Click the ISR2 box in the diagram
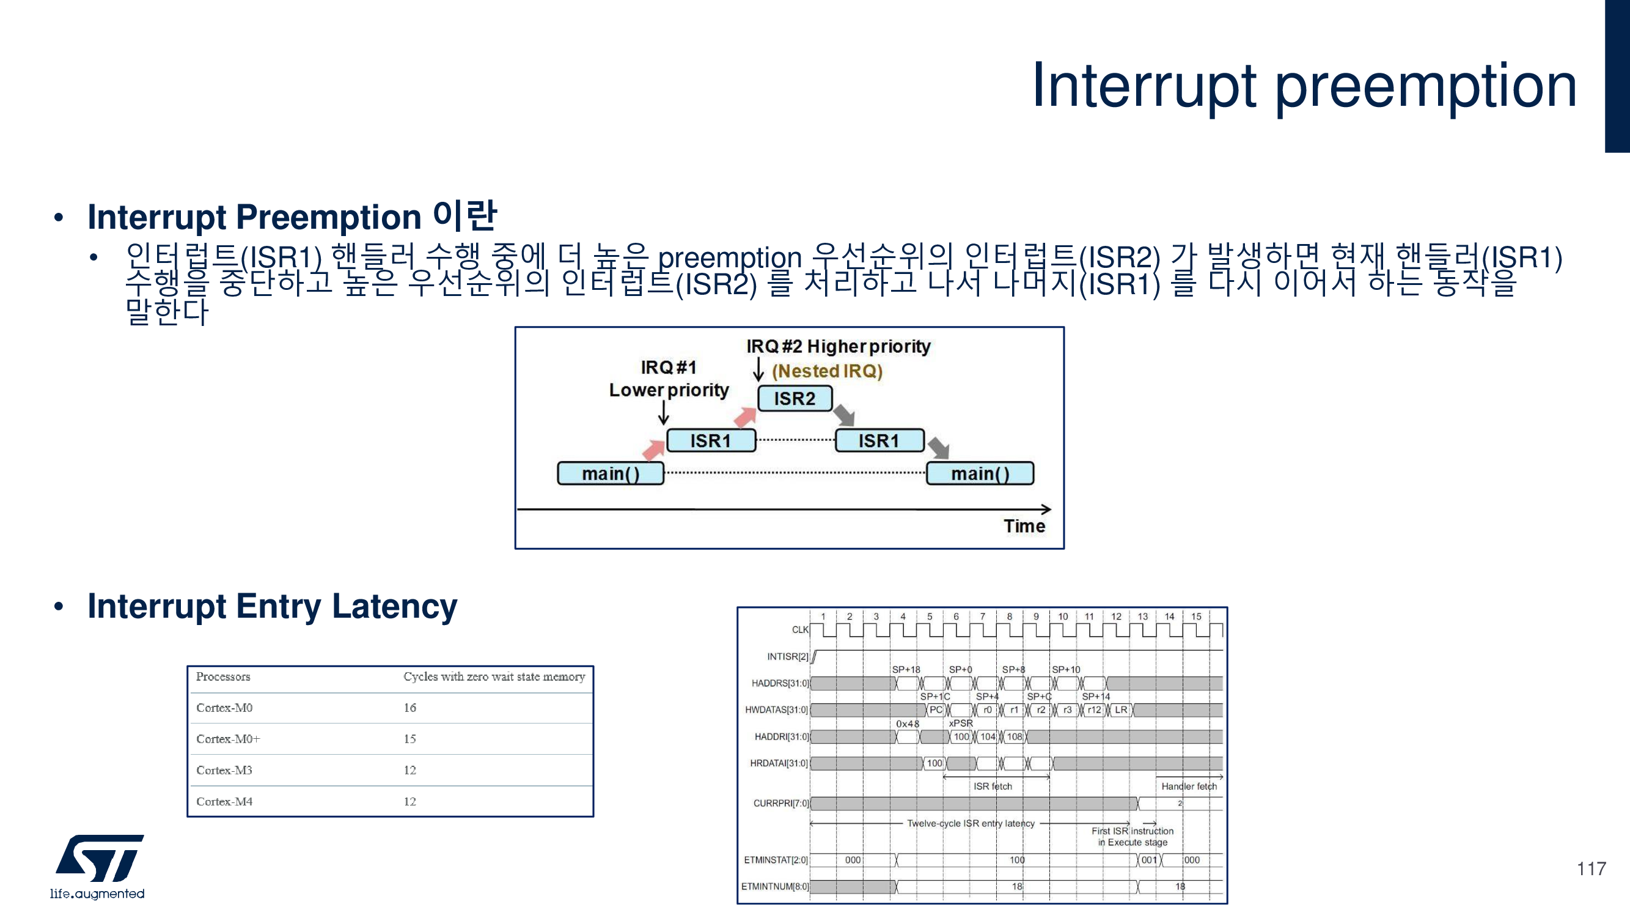coord(795,399)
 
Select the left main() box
coord(611,473)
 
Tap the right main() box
coord(980,473)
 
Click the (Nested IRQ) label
coord(827,371)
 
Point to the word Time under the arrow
coord(1024,526)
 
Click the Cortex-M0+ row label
coord(228,739)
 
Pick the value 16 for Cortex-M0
coord(410,708)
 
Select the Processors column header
coord(222,677)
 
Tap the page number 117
coord(1591,868)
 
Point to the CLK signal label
coord(800,630)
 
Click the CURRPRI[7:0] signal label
coord(781,804)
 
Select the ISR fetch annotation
coord(992,787)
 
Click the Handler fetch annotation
coord(1188,787)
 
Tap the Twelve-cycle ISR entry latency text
coord(971,824)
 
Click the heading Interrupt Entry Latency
coord(272,607)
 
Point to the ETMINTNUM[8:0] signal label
coord(774,886)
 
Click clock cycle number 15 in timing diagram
coord(1196,616)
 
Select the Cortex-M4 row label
coord(224,802)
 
